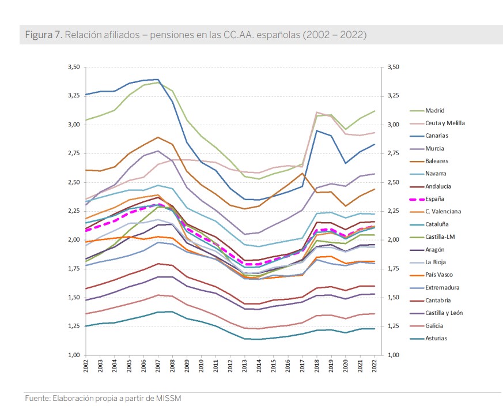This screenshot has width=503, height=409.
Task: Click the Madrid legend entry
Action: (434, 111)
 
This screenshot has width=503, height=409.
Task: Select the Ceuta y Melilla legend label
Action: (445, 123)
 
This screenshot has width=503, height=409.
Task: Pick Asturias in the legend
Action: (436, 339)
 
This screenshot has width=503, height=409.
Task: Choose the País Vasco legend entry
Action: (439, 275)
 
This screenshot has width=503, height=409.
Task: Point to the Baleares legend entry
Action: (437, 162)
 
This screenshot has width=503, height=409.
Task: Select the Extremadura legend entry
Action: (442, 288)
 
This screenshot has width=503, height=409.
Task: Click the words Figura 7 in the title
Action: (43, 35)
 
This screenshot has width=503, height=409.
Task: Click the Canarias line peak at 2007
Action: (157, 80)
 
